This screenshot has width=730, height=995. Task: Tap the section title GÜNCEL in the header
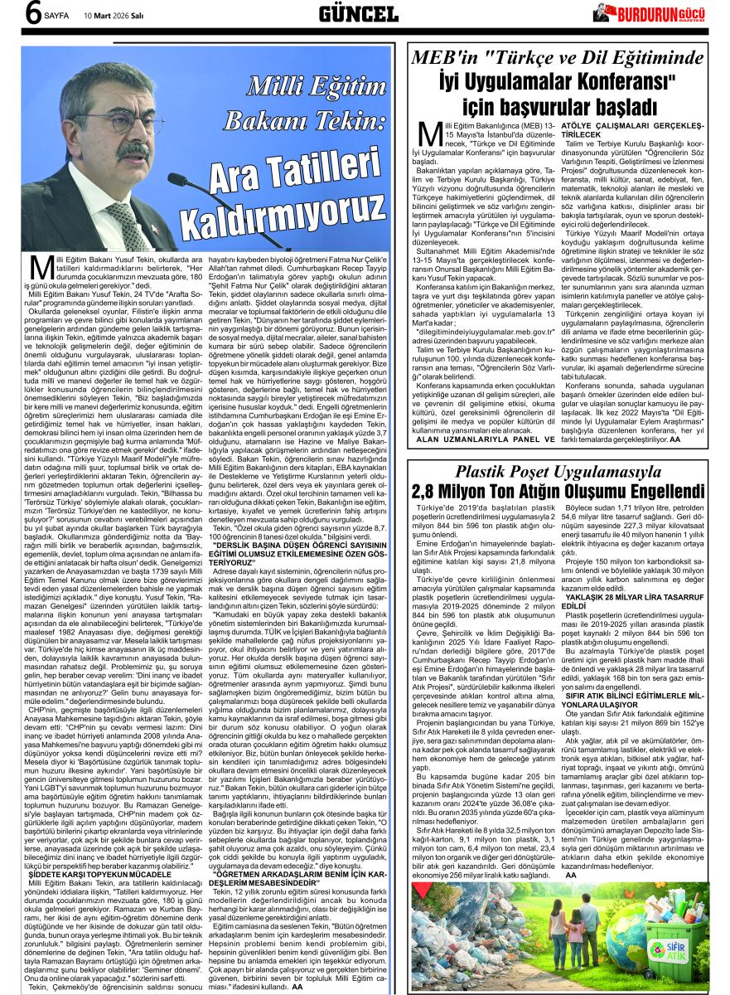pos(359,13)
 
